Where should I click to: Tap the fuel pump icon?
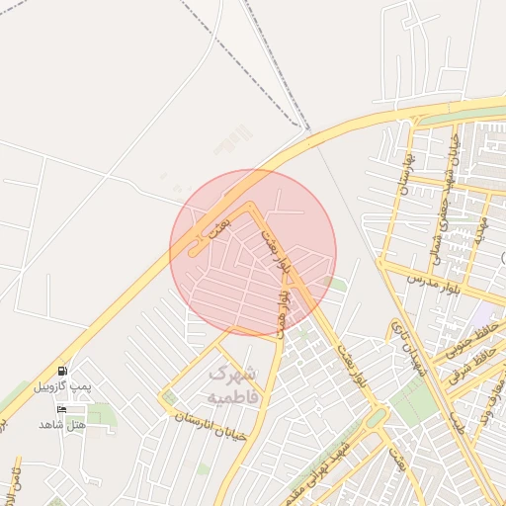(x=62, y=371)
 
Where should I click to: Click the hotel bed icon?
(x=62, y=409)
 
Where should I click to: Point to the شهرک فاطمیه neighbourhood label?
(x=233, y=385)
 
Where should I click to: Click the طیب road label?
(x=457, y=424)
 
